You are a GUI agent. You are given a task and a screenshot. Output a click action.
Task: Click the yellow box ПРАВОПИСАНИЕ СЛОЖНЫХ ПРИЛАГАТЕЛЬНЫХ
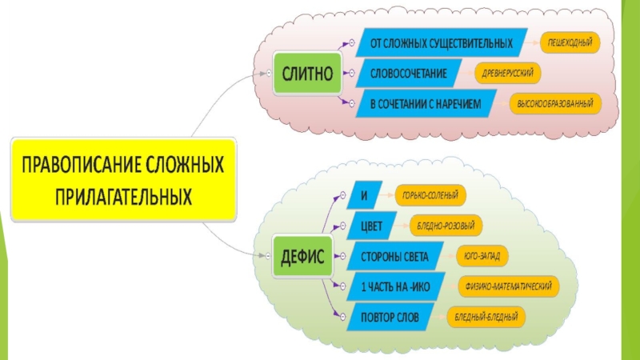click(x=123, y=180)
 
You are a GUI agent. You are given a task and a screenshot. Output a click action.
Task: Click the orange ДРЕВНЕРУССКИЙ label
click(x=508, y=73)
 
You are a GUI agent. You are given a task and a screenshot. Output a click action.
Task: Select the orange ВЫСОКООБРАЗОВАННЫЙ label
click(x=555, y=104)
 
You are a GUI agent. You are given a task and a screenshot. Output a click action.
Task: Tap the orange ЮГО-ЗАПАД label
click(x=482, y=257)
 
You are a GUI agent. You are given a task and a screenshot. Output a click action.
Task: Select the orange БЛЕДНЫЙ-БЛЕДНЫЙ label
click(x=486, y=318)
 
